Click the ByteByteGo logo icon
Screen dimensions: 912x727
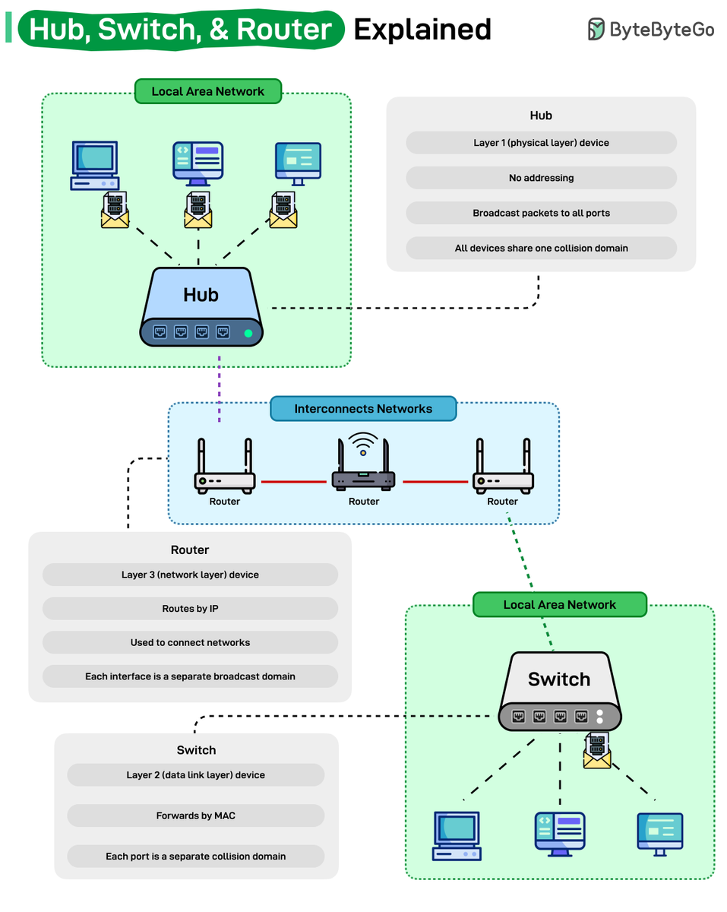tap(596, 29)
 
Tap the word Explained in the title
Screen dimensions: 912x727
tap(422, 29)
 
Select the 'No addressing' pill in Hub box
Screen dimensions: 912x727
tap(541, 178)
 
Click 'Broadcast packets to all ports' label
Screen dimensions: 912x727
tap(541, 213)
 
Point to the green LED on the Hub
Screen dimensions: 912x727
tap(248, 333)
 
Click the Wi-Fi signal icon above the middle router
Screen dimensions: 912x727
tap(363, 442)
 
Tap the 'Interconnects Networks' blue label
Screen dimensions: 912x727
tap(363, 409)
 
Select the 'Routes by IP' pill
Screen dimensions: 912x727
tap(190, 608)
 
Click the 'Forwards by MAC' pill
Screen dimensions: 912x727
tap(195, 815)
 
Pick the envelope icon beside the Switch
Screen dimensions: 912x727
tap(597, 752)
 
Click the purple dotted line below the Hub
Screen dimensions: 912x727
tap(220, 388)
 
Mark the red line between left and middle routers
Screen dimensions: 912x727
tap(293, 481)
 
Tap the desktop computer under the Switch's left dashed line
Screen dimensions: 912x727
tap(456, 834)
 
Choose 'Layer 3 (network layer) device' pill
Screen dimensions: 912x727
tap(190, 575)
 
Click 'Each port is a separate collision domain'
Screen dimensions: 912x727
tap(195, 856)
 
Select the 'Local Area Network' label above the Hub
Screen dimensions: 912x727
tap(207, 91)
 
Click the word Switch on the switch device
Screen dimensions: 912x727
tap(559, 679)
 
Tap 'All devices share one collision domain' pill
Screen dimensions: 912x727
tap(541, 248)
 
